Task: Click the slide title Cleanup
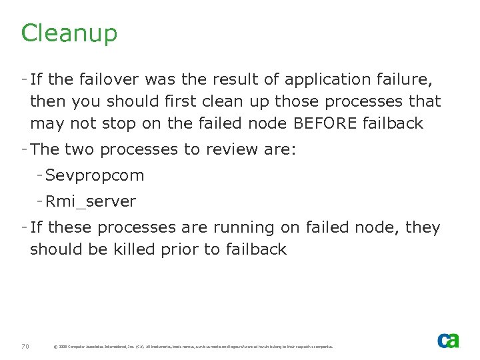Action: click(69, 33)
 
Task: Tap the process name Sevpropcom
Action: click(95, 175)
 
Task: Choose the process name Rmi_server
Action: click(91, 201)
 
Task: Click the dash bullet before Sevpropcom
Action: click(40, 175)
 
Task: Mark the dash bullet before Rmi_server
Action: click(40, 201)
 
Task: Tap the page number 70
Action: click(25, 346)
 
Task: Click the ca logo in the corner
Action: click(448, 340)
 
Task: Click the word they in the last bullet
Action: click(423, 227)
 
